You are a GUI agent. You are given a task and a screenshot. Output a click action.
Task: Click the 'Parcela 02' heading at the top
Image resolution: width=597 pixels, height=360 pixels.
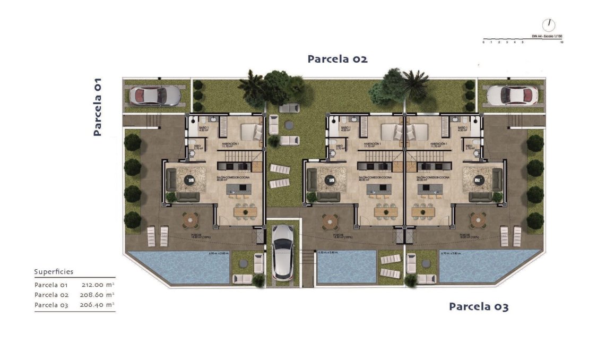pyautogui.click(x=337, y=59)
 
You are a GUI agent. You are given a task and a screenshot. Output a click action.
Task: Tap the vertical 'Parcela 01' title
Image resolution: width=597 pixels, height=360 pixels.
pyautogui.click(x=98, y=107)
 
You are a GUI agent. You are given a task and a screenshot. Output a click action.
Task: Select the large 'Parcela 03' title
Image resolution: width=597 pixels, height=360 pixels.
pyautogui.click(x=478, y=306)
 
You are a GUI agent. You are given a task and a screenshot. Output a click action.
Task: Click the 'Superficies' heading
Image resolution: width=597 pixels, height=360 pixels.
pyautogui.click(x=54, y=272)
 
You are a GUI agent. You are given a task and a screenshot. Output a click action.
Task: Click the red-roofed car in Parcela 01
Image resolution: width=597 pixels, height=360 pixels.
pyautogui.click(x=153, y=96)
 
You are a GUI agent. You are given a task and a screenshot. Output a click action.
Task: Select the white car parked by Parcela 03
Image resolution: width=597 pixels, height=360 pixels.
pyautogui.click(x=505, y=95)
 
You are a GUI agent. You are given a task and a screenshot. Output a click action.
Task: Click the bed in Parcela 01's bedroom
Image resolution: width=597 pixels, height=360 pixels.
pyautogui.click(x=252, y=131)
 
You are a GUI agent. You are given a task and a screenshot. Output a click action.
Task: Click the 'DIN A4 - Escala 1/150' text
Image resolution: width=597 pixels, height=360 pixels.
pyautogui.click(x=547, y=36)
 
